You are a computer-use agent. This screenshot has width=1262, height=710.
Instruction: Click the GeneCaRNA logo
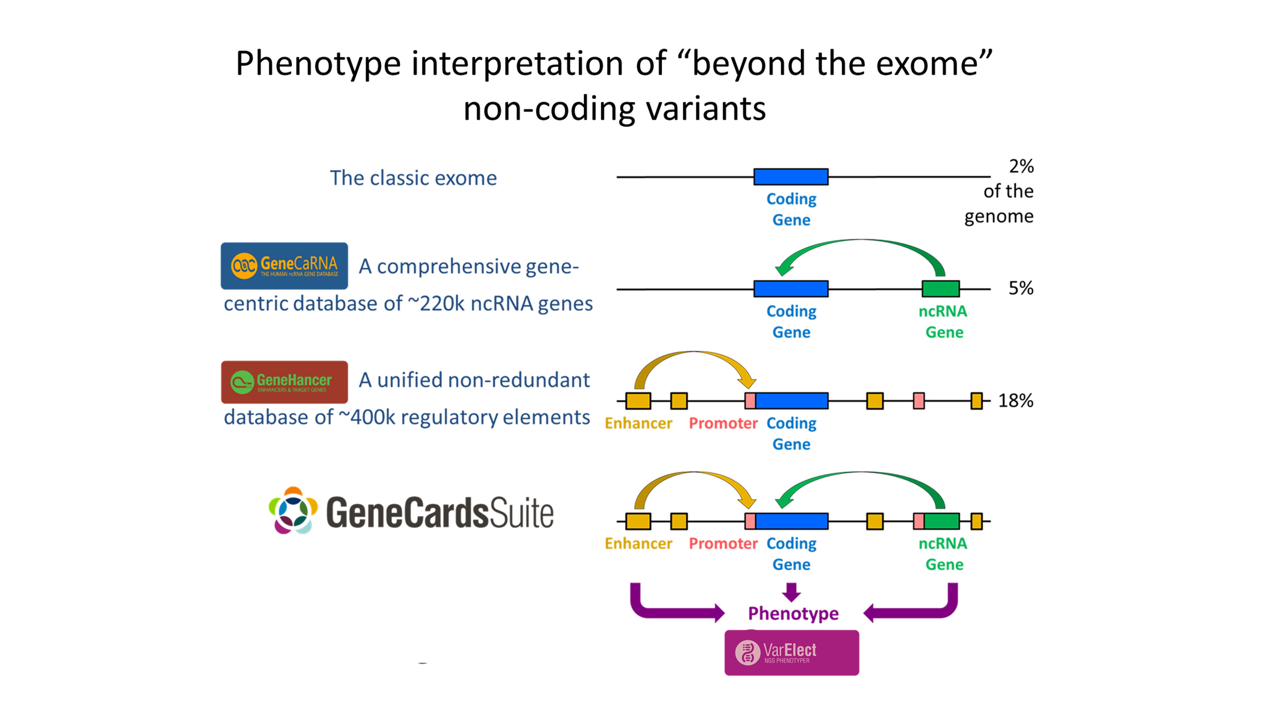pyautogui.click(x=284, y=266)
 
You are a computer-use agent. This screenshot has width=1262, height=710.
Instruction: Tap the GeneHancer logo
pyautogui.click(x=284, y=382)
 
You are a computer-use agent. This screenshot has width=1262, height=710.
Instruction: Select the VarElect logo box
pyautogui.click(x=791, y=652)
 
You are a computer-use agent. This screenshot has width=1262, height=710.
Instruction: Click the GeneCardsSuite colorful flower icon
pyautogui.click(x=293, y=511)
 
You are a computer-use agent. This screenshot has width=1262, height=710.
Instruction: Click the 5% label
pyautogui.click(x=1020, y=288)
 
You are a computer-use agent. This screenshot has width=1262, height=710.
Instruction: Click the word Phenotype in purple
pyautogui.click(x=793, y=613)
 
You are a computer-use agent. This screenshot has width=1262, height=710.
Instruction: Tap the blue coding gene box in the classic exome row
pyautogui.click(x=791, y=176)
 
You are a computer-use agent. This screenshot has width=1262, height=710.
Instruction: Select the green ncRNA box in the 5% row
pyautogui.click(x=940, y=289)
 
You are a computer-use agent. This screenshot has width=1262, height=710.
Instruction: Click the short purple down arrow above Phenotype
pyautogui.click(x=791, y=591)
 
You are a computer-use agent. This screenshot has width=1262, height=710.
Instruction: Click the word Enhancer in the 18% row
pyautogui.click(x=638, y=423)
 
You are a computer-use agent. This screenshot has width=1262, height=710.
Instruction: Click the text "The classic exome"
pyautogui.click(x=413, y=178)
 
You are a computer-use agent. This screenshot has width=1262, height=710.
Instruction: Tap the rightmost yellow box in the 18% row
pyautogui.click(x=976, y=400)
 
